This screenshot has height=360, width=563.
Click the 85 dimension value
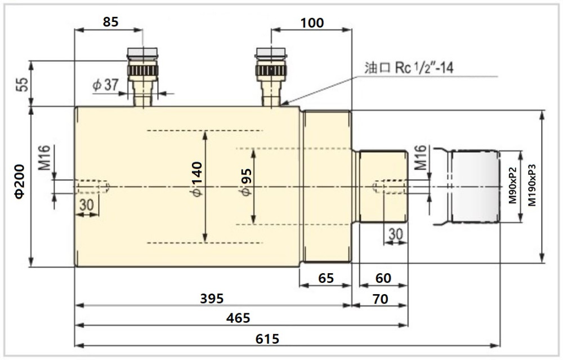[110, 23]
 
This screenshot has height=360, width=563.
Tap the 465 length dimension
[238, 318]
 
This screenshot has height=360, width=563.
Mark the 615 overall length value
[267, 339]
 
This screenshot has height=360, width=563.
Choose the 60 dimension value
[383, 278]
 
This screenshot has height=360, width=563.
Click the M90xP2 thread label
[512, 185]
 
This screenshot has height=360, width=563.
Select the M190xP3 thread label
[531, 185]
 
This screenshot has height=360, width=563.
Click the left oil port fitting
[142, 76]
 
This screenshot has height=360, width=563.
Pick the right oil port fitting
[271, 76]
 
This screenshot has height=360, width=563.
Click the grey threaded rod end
[474, 186]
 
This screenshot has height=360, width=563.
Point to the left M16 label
[47, 159]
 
